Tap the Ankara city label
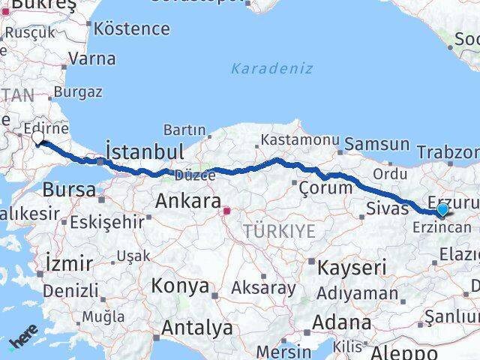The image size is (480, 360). pyautogui.click(x=187, y=201)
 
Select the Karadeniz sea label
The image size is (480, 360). pyautogui.click(x=261, y=68)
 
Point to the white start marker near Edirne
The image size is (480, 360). pyautogui.click(x=39, y=138)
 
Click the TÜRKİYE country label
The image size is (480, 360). pyautogui.click(x=279, y=232)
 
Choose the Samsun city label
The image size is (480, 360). pyautogui.click(x=377, y=144)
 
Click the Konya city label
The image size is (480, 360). pyautogui.click(x=180, y=286)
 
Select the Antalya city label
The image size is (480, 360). pyautogui.click(x=197, y=328)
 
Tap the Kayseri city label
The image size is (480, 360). pyautogui.click(x=352, y=267)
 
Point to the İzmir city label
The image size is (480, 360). pyautogui.click(x=69, y=264)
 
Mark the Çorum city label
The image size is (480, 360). pyautogui.click(x=325, y=188)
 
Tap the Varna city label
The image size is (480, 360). pyautogui.click(x=91, y=58)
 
